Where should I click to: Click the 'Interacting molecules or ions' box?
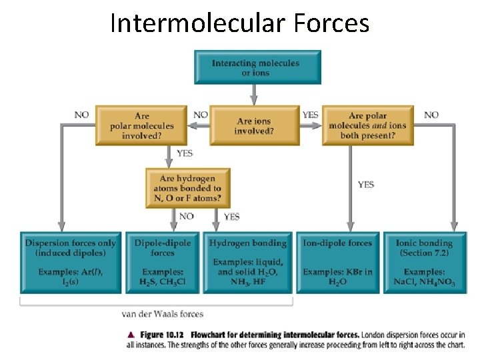click(x=256, y=68)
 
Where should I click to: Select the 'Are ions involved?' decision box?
click(x=254, y=125)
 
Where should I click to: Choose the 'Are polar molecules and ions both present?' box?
click(x=367, y=125)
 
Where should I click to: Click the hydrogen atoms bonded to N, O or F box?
click(x=187, y=189)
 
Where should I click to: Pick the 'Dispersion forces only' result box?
click(x=70, y=262)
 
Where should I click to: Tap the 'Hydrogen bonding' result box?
click(x=248, y=262)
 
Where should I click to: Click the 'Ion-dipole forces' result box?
click(x=337, y=262)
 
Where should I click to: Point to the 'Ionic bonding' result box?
click(x=425, y=262)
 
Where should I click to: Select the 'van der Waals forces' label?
click(x=163, y=313)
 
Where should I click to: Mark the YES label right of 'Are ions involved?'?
click(x=311, y=115)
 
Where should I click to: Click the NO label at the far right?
click(x=431, y=115)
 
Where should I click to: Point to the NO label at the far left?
click(x=81, y=115)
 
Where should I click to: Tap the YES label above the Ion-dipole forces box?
click(x=366, y=185)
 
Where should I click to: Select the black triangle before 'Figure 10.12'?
click(x=131, y=334)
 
